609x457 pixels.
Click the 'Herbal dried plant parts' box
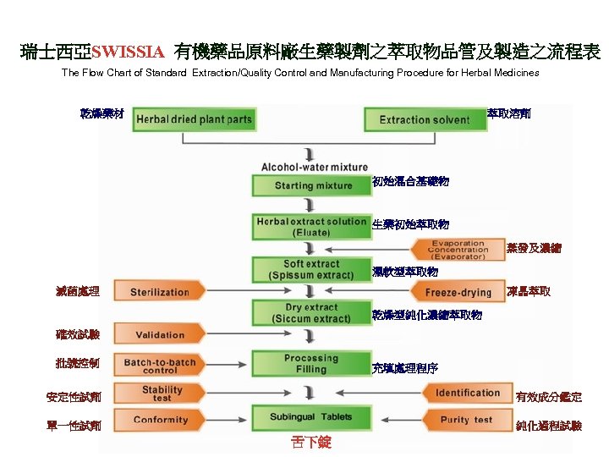coord(194,119)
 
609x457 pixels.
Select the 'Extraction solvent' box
coord(424,119)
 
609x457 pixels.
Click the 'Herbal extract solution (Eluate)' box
coord(311,226)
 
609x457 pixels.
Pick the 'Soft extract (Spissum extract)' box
coord(311,269)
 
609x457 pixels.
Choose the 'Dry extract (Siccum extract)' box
coord(311,313)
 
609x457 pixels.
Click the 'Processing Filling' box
coord(311,364)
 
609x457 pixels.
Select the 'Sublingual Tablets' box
coord(311,417)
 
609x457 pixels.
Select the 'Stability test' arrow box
coord(161,394)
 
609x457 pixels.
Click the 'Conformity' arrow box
coord(161,421)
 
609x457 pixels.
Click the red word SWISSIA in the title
coord(129,53)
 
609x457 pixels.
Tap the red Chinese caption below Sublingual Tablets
coord(310,443)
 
